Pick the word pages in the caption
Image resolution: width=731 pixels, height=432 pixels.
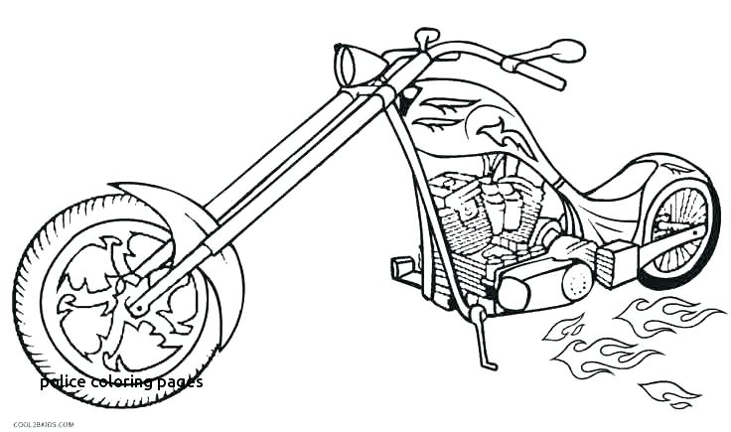(179, 381)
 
